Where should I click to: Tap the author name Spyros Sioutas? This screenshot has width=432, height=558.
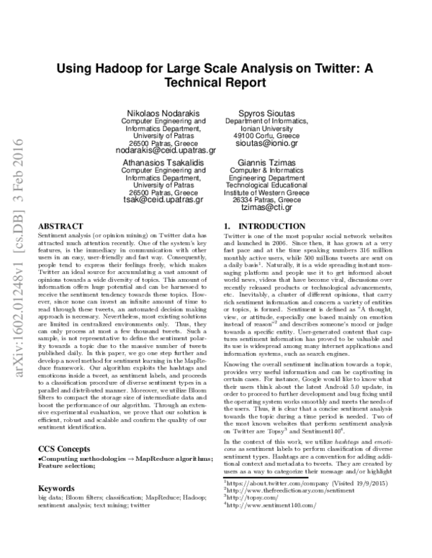[266, 114]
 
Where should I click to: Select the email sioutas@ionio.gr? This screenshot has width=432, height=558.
[266, 143]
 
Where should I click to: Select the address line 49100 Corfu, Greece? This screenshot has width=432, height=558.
[266, 134]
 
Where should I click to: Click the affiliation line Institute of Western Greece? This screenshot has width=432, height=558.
[266, 192]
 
